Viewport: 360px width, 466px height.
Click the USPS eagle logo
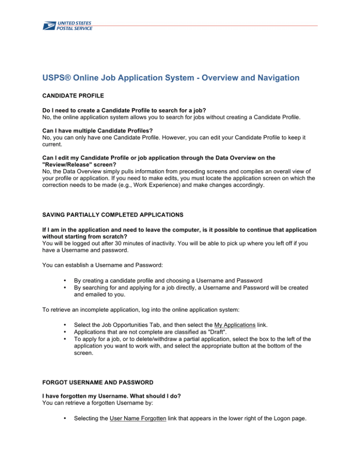(x=48, y=25)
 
